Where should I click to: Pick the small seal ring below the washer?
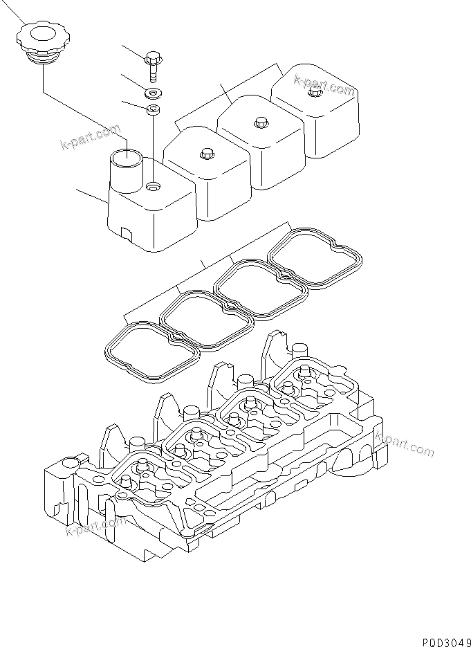pos(153,109)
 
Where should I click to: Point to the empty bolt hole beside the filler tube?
pos(153,186)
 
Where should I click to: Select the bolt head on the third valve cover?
pos(261,122)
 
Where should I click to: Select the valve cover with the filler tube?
pos(149,211)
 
